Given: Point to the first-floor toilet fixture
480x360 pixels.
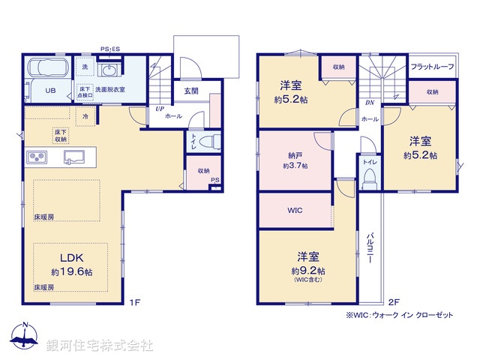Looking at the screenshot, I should (x=210, y=141).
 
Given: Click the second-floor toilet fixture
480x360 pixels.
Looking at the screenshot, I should (x=369, y=177).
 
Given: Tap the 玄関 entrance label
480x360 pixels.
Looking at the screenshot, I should (x=191, y=91).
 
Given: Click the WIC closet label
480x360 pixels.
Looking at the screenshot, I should (x=294, y=210).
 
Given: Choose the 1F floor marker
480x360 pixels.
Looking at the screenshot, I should (x=134, y=302).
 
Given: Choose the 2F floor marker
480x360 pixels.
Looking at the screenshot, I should (x=394, y=302).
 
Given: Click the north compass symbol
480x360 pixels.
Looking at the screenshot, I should (x=25, y=337).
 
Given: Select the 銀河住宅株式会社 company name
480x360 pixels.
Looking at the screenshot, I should (x=100, y=345).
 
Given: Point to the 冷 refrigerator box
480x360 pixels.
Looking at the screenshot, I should (x=85, y=117).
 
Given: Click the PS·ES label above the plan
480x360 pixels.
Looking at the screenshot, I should (x=111, y=49).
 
